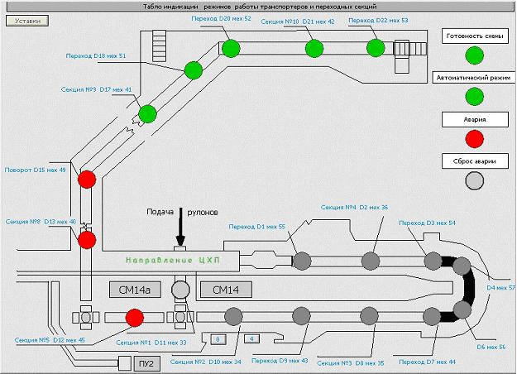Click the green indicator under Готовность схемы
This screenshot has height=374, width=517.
pos(475,55)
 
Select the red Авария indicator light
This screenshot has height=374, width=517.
pos(475,137)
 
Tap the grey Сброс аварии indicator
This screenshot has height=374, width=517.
pos(475,180)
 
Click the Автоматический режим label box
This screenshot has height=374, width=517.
pos(475,78)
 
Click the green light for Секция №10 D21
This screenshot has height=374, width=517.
pos(314,48)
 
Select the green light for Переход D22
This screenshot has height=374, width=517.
pos(376,48)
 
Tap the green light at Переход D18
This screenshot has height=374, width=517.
pos(194,70)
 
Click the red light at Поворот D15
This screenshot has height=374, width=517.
pos(87,179)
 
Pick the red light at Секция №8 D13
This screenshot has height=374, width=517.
pos(87,240)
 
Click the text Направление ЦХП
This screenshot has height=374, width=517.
pos(172,260)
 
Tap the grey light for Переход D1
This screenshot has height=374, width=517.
pos(302,260)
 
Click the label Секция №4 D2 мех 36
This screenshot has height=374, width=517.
pos(354,208)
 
